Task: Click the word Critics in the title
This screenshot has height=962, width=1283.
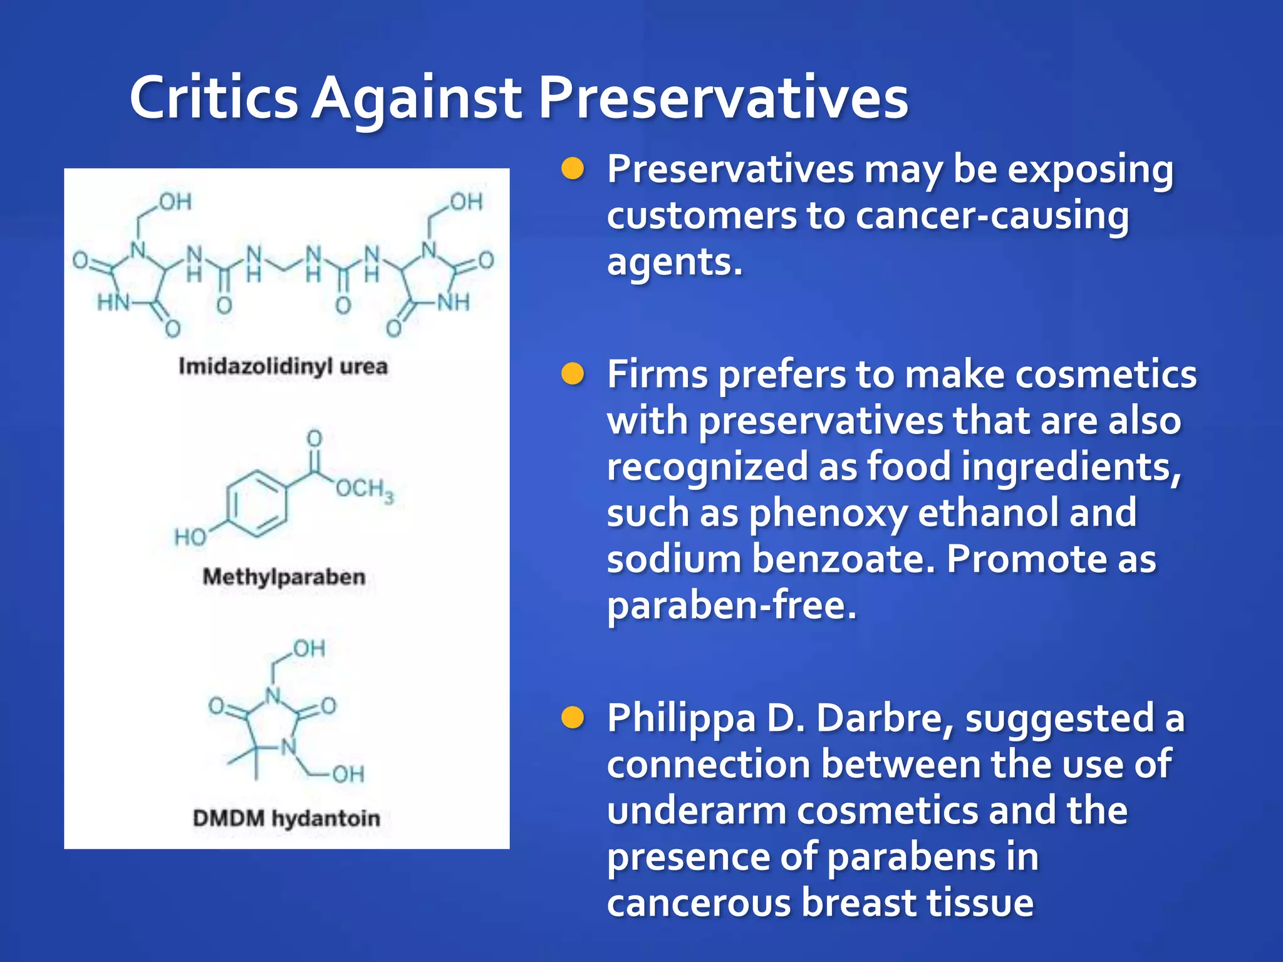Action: tap(214, 98)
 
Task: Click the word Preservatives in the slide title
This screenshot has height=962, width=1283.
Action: tap(724, 98)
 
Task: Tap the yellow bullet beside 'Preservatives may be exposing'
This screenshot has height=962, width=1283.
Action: tap(573, 168)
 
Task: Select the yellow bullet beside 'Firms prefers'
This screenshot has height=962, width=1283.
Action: tap(573, 374)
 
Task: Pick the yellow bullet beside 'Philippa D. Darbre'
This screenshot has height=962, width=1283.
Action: tap(573, 718)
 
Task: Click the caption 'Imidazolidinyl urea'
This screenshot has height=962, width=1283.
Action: tap(283, 366)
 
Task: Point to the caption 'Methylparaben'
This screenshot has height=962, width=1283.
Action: tap(284, 576)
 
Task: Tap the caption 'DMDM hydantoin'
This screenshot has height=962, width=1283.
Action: tap(286, 818)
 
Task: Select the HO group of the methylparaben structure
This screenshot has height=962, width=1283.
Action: tap(190, 537)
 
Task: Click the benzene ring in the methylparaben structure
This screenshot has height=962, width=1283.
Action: tap(257, 503)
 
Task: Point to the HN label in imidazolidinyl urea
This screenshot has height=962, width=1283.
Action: tap(112, 303)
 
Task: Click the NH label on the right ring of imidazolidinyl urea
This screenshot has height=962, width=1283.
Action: tap(453, 303)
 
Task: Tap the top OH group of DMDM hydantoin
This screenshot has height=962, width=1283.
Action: tap(309, 649)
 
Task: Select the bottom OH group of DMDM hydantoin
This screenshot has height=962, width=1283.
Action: tap(348, 774)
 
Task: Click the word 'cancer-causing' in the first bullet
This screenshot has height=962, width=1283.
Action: tap(992, 215)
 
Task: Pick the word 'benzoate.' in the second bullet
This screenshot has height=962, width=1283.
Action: tap(843, 559)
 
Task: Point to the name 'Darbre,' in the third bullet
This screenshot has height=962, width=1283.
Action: tap(885, 718)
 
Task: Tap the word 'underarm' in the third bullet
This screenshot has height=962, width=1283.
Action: tap(697, 810)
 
